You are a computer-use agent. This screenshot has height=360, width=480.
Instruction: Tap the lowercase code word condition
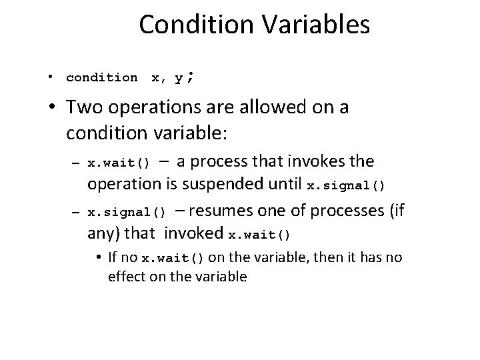(x=102, y=78)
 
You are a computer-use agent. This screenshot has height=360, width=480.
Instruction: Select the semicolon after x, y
(x=191, y=77)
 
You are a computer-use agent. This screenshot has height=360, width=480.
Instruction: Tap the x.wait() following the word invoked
(x=260, y=235)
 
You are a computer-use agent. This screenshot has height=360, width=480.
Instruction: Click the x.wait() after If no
(x=173, y=259)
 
